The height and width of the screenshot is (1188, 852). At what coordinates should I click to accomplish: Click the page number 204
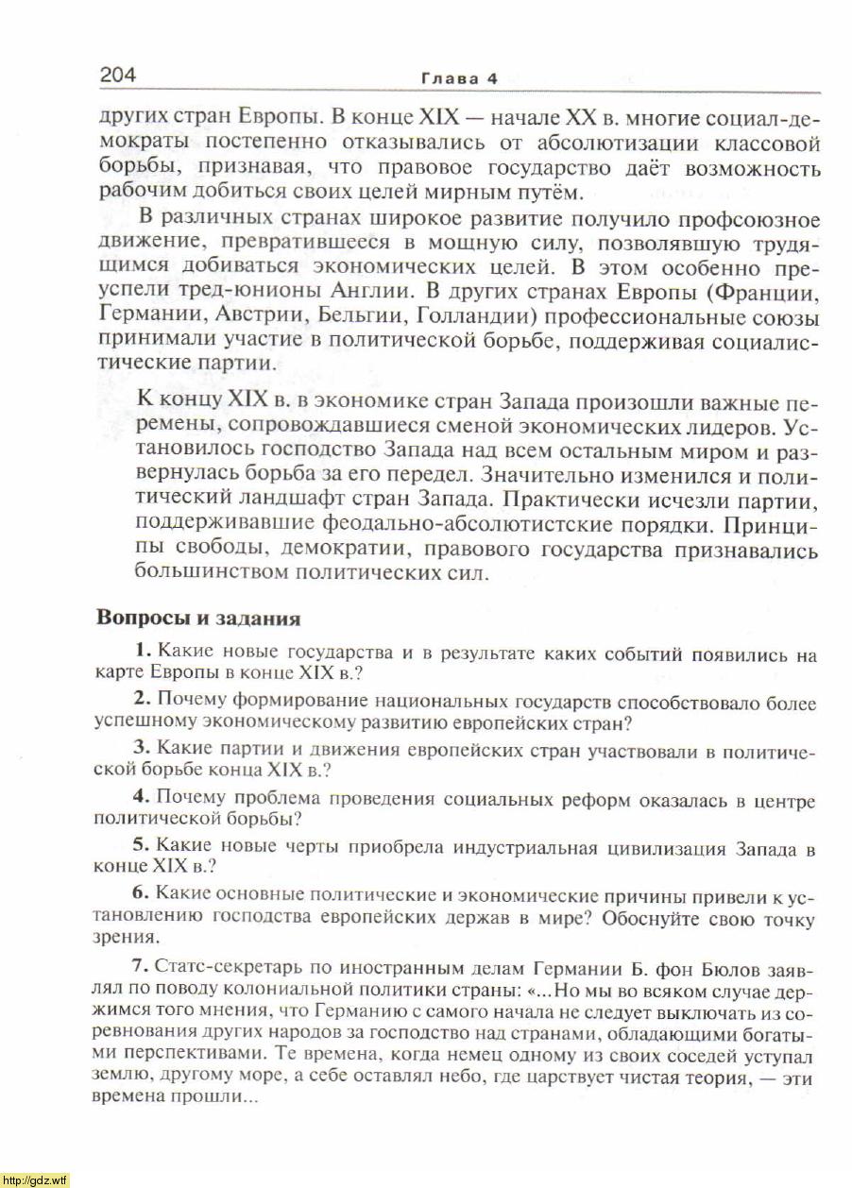click(x=117, y=75)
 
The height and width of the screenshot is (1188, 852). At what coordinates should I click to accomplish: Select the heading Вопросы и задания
click(x=198, y=619)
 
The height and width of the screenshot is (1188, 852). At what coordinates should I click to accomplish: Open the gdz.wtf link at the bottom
click(x=35, y=1180)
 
